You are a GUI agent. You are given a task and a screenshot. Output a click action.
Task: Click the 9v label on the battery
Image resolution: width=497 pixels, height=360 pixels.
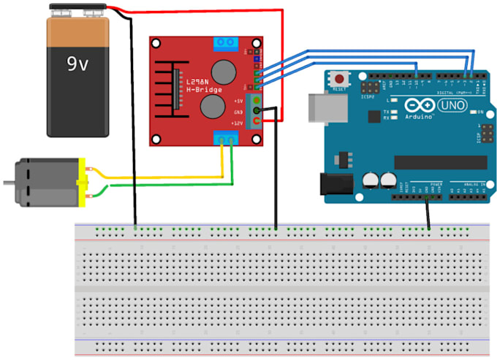click(77, 65)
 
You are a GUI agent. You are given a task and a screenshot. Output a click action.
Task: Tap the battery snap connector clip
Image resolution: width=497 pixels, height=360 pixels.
click(78, 9)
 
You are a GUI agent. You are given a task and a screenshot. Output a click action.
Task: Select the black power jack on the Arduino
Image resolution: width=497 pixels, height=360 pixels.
click(336, 185)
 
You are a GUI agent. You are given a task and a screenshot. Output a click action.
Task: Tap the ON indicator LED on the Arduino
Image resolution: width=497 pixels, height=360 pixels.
click(472, 112)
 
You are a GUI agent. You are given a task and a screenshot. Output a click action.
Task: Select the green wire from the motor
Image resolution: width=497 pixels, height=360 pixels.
click(168, 185)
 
